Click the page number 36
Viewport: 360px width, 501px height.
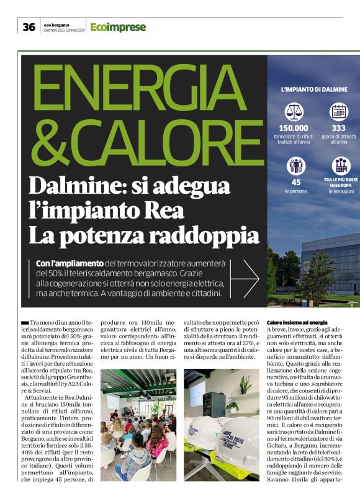tap(29, 27)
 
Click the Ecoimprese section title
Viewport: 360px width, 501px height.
tap(118, 27)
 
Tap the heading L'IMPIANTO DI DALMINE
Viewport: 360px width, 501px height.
tap(314, 89)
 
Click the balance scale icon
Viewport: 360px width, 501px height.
tap(294, 111)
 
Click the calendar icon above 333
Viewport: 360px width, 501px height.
tap(338, 111)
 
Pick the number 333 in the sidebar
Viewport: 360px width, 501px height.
tap(339, 127)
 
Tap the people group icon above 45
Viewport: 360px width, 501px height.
tap(295, 166)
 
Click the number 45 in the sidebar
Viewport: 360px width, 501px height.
tap(295, 183)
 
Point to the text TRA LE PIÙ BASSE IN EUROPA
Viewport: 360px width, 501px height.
tap(339, 183)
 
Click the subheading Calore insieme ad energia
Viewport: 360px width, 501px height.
tap(297, 323)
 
